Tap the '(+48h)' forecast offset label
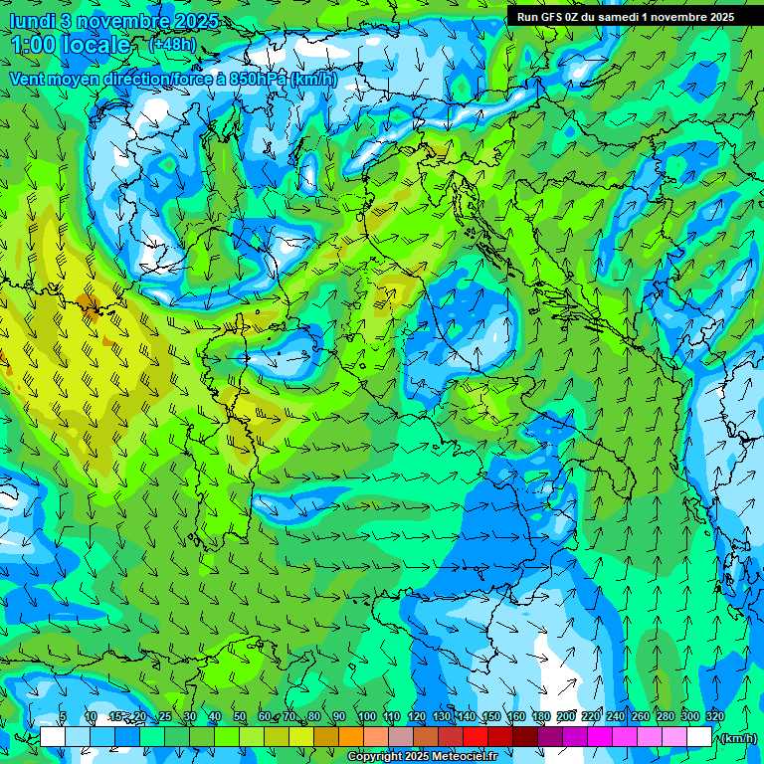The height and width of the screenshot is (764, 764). tap(172, 44)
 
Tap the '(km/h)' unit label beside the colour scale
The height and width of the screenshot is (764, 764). tap(738, 738)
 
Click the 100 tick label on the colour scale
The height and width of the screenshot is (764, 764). tap(366, 716)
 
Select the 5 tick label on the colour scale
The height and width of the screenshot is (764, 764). tap(63, 716)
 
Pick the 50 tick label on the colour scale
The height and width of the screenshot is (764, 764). tap(239, 716)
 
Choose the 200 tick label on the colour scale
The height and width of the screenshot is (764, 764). tap(566, 716)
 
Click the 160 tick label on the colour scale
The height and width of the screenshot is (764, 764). tap(516, 716)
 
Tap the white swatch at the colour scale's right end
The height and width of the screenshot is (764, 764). tap(699, 737)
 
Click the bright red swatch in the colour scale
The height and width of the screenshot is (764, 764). tap(476, 737)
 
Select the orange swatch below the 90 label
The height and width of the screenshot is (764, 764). tap(351, 737)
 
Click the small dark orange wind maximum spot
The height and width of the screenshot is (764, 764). tap(90, 302)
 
